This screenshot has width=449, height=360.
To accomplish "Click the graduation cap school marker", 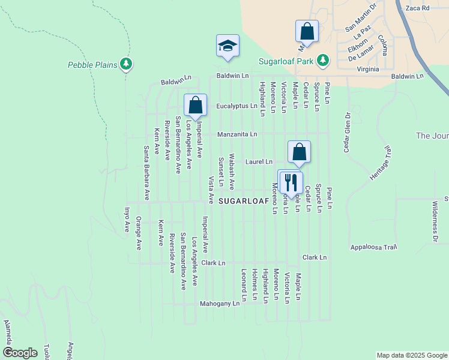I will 228,46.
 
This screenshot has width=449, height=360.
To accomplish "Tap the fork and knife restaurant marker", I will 291,181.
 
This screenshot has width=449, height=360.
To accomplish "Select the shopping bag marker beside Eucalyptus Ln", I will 195,105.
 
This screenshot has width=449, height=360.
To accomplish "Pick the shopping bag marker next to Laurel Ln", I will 299,152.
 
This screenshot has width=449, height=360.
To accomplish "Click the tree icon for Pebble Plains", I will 125,63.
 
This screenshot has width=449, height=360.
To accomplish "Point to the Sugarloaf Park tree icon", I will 323,60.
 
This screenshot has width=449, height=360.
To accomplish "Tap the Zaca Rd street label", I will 418,8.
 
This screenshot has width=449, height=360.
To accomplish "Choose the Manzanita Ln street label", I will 237,134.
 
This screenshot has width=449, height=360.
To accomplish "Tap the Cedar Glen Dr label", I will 346,132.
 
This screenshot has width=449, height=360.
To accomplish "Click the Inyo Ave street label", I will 127,220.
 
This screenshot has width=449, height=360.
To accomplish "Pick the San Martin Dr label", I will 360,23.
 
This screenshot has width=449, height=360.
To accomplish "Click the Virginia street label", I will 367,69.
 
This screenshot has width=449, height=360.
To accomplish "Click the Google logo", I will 20,353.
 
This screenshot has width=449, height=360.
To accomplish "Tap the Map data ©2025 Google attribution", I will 412,355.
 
